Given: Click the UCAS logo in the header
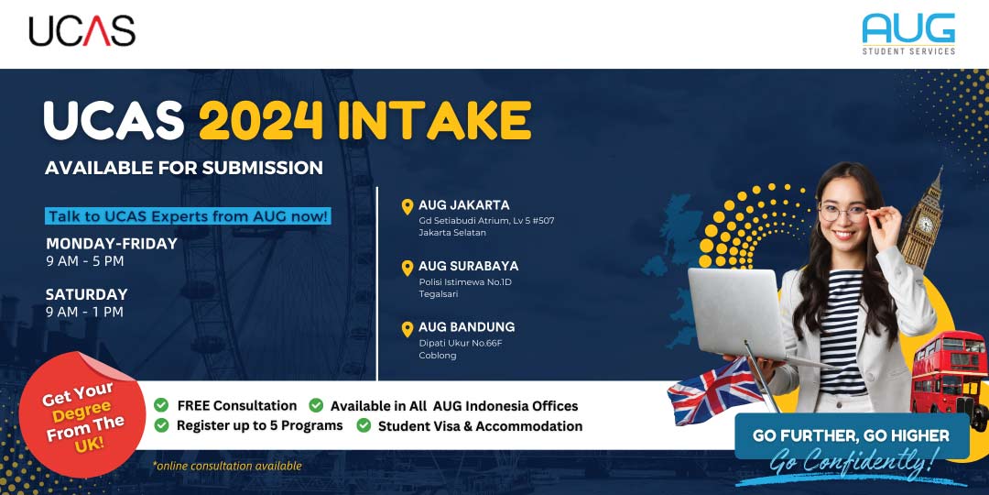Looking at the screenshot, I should [x=82, y=31].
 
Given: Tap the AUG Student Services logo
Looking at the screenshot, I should [x=908, y=34].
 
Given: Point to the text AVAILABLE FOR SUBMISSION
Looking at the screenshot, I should [x=184, y=168].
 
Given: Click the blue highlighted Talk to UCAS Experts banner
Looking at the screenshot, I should [x=189, y=216].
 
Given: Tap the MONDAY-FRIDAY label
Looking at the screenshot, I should [x=112, y=244].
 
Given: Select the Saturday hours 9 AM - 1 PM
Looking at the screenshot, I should [x=84, y=312].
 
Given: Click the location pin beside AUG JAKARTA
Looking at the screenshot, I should [x=408, y=206].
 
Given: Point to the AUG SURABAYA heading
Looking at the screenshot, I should [x=468, y=266].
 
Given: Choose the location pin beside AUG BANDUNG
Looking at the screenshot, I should [x=408, y=328].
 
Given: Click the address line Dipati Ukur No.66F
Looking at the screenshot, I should [x=461, y=343].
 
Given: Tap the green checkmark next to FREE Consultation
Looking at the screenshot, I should [x=161, y=405].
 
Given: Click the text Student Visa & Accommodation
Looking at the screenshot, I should [x=480, y=426].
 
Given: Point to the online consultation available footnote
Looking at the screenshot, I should [x=227, y=466].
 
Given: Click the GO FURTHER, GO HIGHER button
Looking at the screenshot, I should [x=852, y=436].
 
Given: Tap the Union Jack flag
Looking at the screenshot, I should [x=715, y=390].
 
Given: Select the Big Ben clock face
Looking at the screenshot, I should [x=925, y=223].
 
